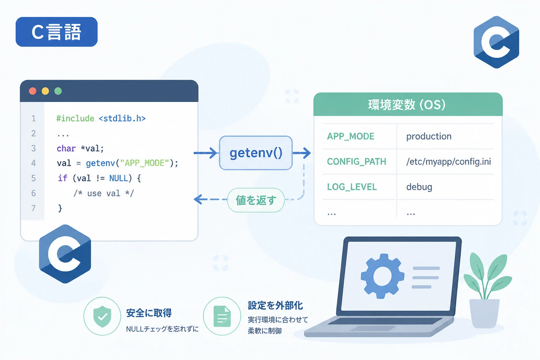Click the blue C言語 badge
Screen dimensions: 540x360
(56, 32)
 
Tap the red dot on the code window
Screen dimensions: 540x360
(33, 91)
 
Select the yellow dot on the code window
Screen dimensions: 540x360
(45, 91)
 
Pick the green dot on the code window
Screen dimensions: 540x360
(58, 91)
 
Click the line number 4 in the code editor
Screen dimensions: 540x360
(33, 163)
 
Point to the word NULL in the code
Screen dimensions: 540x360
(118, 178)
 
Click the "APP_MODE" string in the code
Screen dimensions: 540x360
(144, 163)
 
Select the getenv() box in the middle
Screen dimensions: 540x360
(256, 153)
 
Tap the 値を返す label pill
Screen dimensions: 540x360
(256, 200)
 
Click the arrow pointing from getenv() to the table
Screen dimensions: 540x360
(302, 153)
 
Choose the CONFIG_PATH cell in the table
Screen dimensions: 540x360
(356, 162)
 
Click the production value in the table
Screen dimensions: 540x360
(429, 136)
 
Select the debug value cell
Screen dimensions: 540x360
(419, 187)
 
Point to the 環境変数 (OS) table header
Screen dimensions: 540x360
(408, 104)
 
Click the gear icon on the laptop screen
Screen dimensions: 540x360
(382, 276)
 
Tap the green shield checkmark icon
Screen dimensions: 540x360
(102, 316)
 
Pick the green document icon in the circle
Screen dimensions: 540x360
(222, 316)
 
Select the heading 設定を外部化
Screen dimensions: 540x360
(275, 306)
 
